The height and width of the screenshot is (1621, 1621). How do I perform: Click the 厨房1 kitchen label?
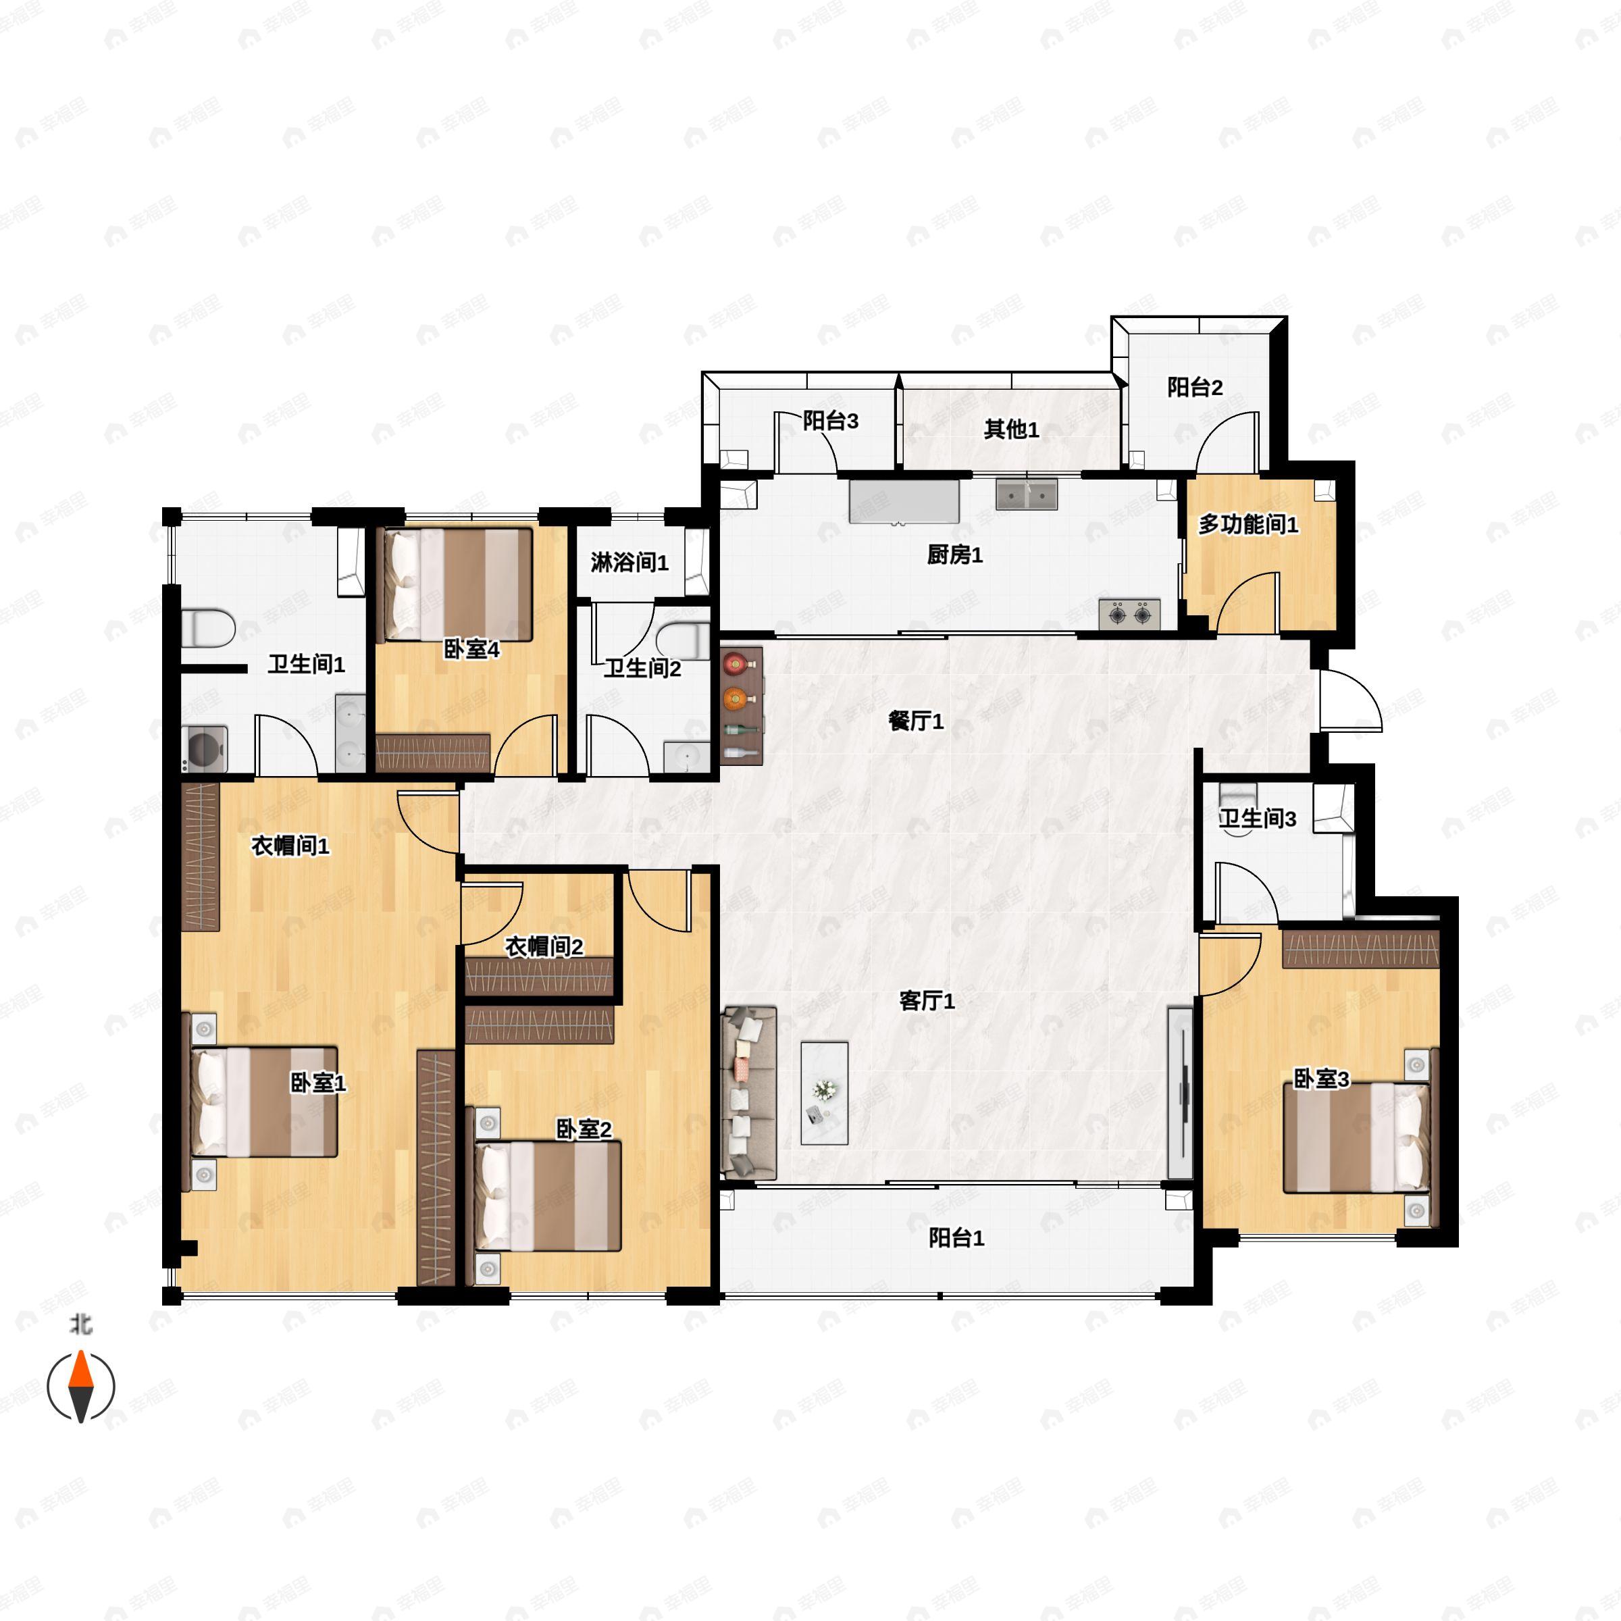pos(955,555)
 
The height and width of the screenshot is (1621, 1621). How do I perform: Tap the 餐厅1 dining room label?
pos(917,721)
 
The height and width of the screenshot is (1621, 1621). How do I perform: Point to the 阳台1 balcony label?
pos(956,1237)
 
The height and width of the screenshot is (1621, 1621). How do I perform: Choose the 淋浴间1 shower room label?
pos(629,562)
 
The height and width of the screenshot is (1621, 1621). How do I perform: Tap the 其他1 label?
pos(1012,430)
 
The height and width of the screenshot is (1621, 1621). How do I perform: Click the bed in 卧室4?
pos(458,584)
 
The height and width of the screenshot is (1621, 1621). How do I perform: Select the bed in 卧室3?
pos(1356,1137)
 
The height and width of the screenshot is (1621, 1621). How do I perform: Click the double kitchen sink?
pos(1027,495)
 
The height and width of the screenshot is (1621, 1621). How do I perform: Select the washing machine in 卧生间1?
pos(205,748)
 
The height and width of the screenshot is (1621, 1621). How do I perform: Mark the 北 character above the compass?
pos(80,1324)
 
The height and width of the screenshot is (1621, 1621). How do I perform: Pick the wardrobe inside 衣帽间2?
pos(540,977)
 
